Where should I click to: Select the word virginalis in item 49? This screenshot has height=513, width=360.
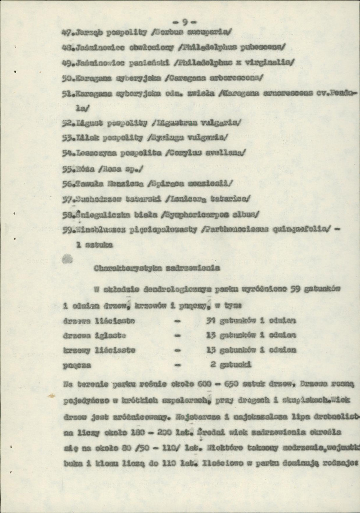265,62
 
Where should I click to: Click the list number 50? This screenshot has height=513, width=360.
66,78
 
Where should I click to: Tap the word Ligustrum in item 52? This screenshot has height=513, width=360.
177,124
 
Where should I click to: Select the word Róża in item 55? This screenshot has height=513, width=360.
84,169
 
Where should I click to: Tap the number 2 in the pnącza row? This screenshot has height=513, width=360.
213,365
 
